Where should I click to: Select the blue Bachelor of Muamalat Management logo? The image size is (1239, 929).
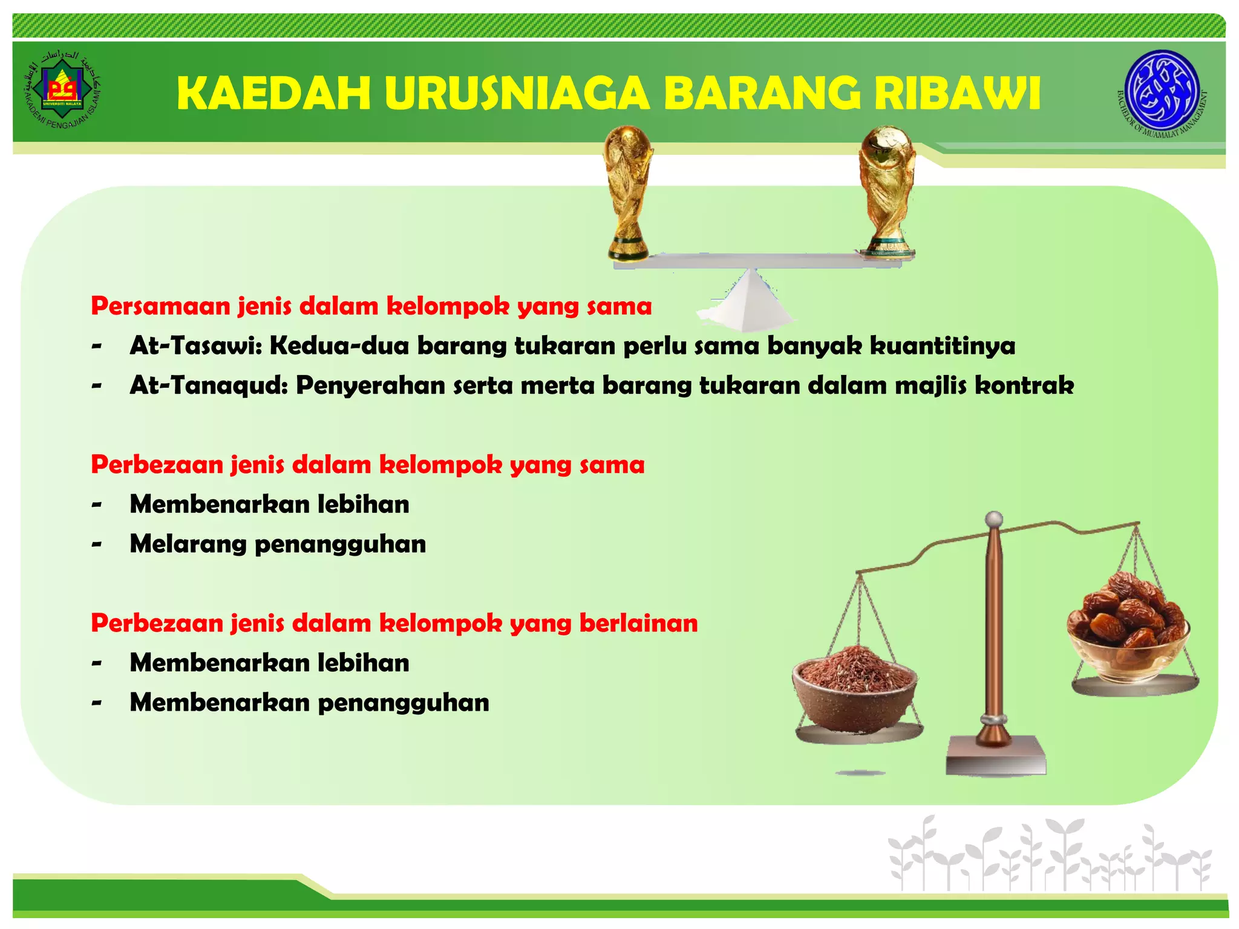point(1162,92)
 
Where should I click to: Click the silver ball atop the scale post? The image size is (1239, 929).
point(993,518)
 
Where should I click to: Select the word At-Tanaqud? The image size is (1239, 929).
point(208,385)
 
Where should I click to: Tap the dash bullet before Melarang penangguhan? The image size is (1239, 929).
point(96,545)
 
